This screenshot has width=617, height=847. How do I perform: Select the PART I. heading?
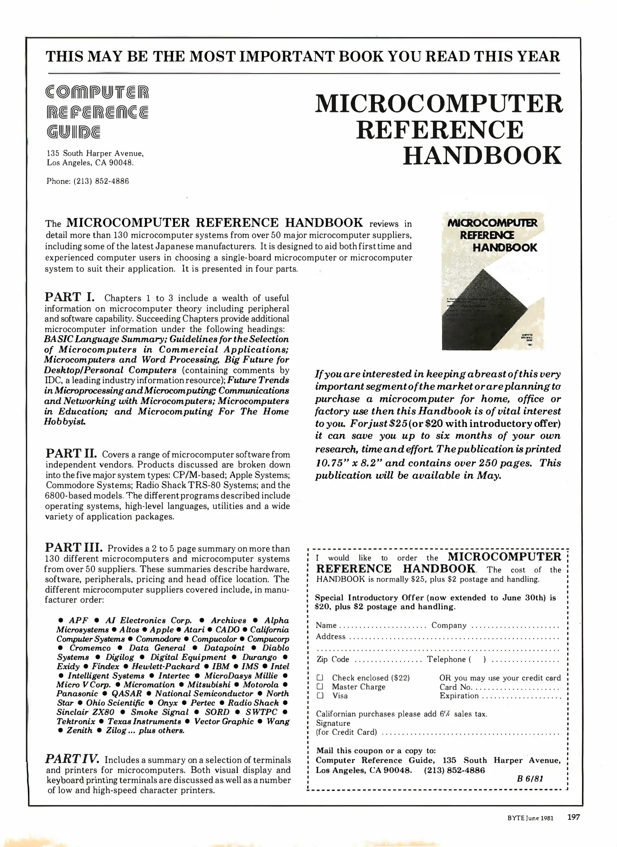(69, 297)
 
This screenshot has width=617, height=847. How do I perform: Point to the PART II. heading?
(71, 453)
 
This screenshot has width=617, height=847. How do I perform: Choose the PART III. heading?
(74, 547)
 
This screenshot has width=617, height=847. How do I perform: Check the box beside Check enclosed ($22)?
(320, 678)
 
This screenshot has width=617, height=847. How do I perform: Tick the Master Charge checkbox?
(320, 687)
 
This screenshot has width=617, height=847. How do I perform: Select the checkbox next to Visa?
(320, 696)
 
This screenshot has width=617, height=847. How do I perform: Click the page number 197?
(573, 817)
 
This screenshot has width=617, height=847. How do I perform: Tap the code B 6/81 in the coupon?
(530, 779)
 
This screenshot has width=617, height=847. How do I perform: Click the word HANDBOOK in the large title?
(482, 156)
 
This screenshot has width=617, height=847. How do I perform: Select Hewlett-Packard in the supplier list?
(166, 666)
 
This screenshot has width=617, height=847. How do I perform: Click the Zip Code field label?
(332, 659)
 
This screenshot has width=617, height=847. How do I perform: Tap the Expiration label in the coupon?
(459, 696)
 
